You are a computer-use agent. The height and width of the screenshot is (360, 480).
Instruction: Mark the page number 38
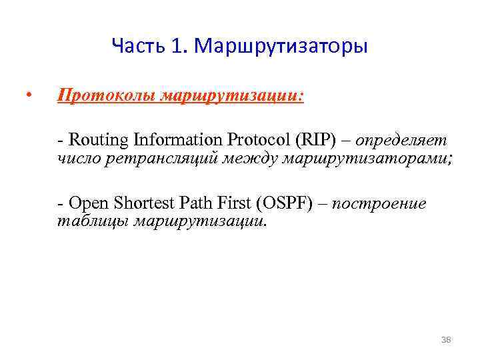pyautogui.click(x=446, y=340)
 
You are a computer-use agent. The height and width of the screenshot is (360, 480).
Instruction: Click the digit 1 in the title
pyautogui.click(x=176, y=47)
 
